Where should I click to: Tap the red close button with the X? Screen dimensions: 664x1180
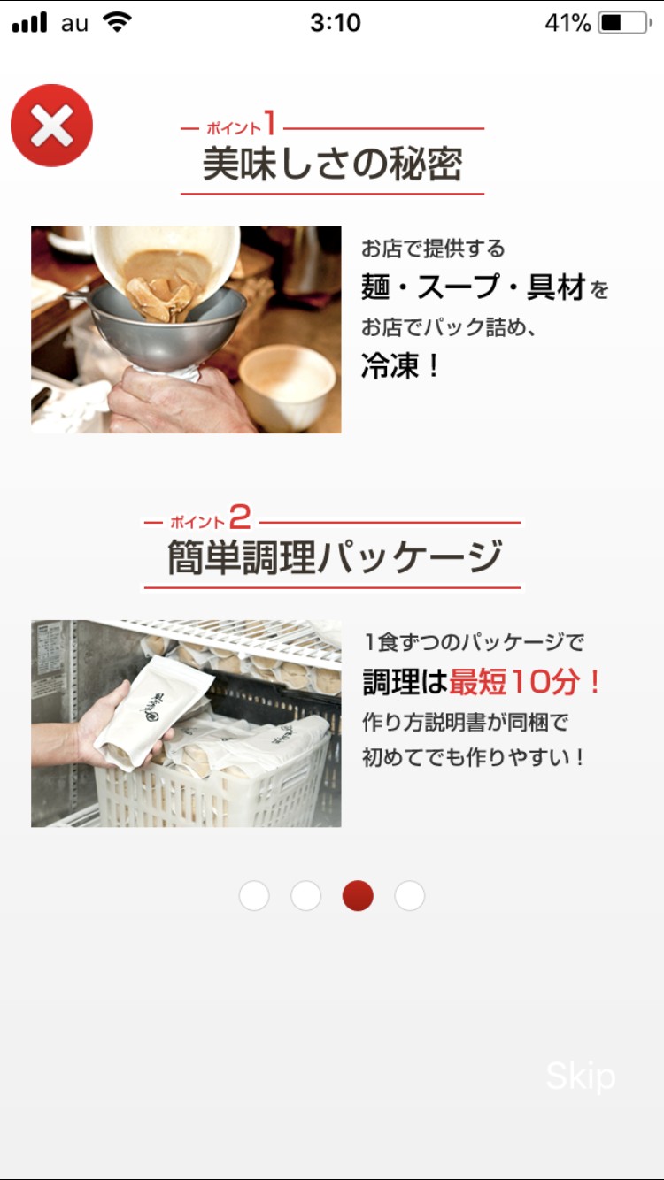51,126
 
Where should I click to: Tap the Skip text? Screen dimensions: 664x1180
581,1077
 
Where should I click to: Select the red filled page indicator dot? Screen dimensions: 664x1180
358,895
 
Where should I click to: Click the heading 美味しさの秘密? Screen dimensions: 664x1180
333,164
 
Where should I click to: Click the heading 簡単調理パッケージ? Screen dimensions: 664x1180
335,557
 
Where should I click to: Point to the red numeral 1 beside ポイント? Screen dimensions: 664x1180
269,122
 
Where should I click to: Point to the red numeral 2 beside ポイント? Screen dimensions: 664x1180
240,517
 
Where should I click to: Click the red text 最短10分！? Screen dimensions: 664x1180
524,681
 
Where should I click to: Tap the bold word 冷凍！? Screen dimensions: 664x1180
400,365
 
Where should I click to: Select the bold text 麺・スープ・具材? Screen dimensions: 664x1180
474,287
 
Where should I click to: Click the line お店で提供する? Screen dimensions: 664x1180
433,249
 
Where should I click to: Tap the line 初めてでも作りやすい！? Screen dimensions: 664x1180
473,757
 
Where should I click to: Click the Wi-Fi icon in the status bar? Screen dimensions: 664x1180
117,22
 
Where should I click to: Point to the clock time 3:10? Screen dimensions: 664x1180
336,23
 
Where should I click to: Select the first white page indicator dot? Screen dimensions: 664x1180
254,895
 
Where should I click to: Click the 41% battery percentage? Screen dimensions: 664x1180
568,23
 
